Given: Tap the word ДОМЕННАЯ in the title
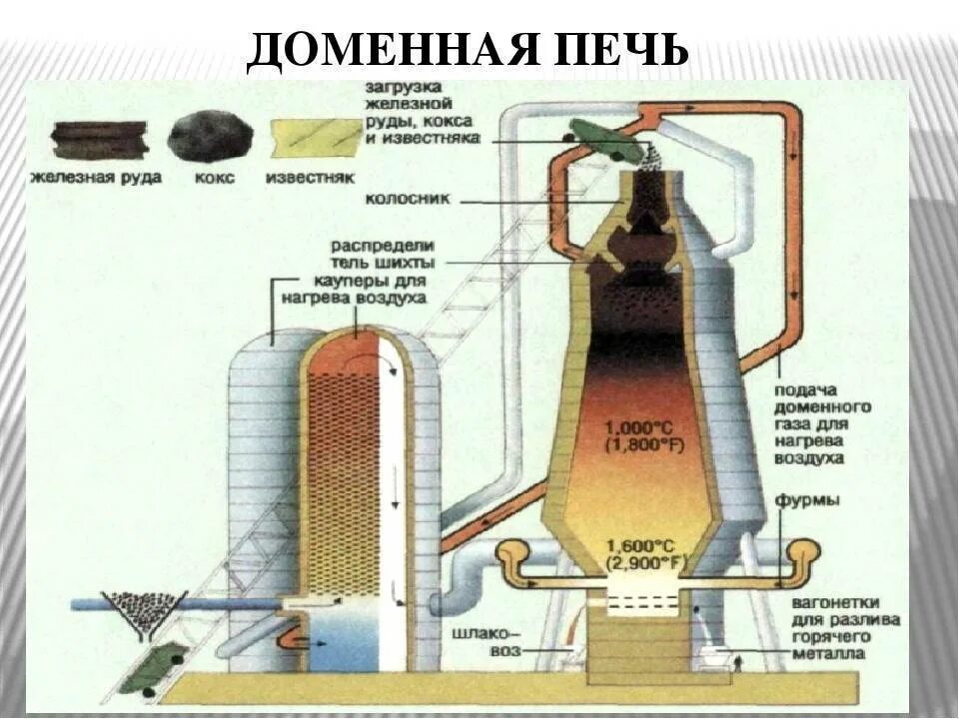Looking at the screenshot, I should (x=390, y=51).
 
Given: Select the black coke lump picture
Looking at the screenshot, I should (x=209, y=137).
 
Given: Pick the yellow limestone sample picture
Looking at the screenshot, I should (x=316, y=137).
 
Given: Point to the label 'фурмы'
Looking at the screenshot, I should (x=805, y=499).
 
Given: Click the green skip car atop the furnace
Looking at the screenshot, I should (x=607, y=141).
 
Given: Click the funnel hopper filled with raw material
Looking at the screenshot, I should (x=145, y=608).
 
